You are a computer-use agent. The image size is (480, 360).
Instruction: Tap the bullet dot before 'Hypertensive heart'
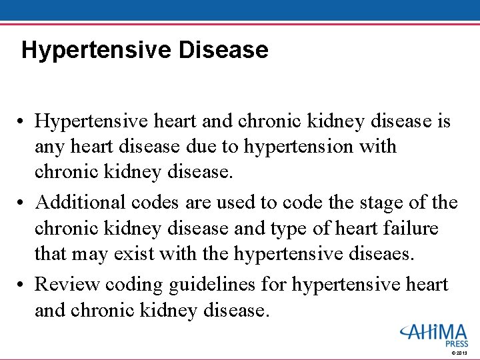coord(23,122)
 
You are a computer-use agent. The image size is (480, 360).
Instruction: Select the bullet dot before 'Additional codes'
coord(23,203)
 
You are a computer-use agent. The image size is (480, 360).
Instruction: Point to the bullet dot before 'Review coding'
coord(23,285)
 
